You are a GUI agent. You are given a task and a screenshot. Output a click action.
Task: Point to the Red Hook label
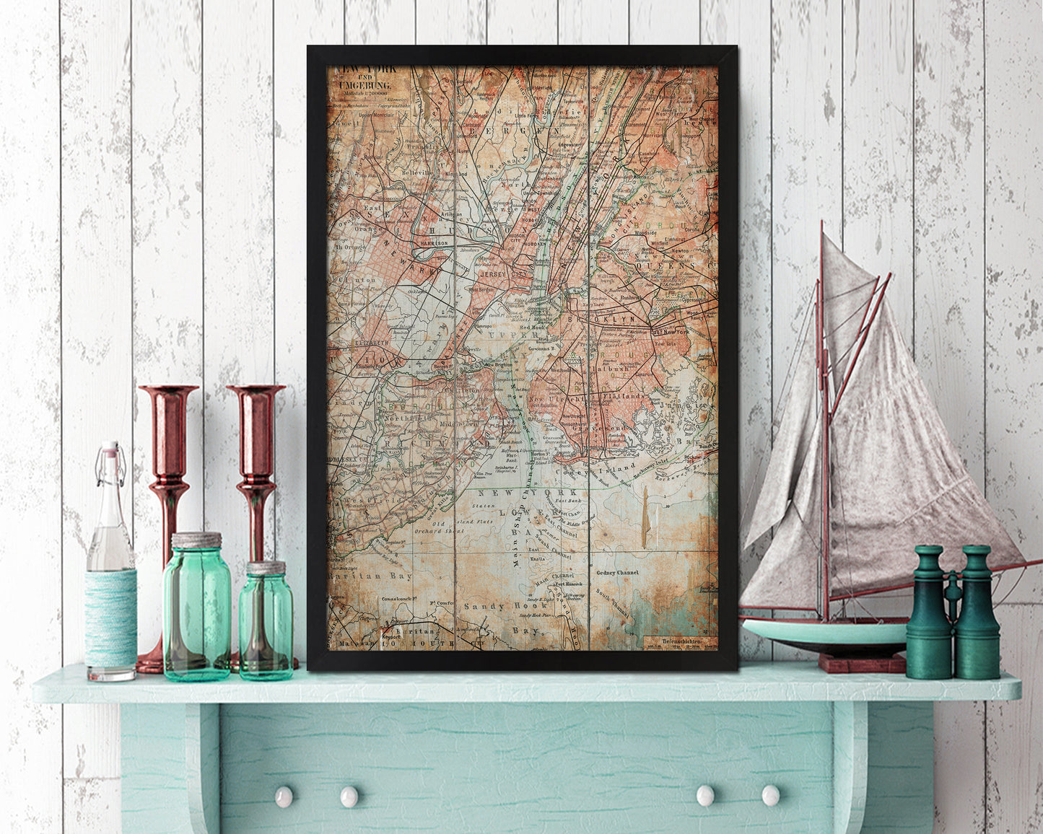533,327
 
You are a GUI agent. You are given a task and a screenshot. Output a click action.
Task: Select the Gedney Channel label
617,572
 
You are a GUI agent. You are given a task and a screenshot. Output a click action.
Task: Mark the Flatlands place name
624,396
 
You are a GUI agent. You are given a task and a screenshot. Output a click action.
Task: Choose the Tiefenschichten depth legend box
679,641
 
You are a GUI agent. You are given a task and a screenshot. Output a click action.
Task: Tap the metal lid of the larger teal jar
196,540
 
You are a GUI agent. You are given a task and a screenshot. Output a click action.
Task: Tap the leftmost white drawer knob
284,796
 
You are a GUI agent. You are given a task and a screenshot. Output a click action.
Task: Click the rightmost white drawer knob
770,795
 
